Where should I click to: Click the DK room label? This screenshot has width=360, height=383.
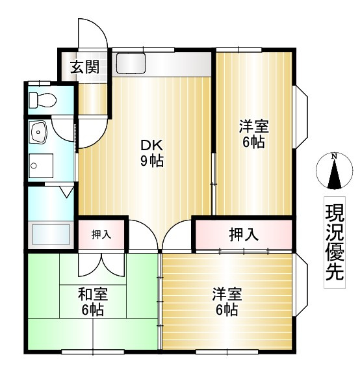[x=151, y=145]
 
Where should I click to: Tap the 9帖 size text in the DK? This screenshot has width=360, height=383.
[x=151, y=161]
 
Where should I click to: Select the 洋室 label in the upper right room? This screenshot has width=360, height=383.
[x=253, y=126]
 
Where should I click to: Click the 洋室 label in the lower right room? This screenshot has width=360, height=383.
[x=227, y=294]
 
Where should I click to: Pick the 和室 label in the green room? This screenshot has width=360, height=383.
[x=92, y=294]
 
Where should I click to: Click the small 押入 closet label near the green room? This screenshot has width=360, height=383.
[x=101, y=234]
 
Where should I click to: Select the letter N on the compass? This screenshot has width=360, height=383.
[x=333, y=157]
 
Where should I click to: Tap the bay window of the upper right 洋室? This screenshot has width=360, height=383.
[x=303, y=115]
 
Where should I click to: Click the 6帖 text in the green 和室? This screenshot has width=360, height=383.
[x=92, y=310]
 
